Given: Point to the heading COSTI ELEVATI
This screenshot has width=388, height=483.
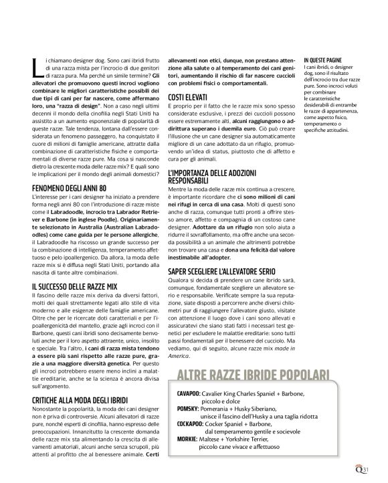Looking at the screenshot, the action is click(x=185, y=98).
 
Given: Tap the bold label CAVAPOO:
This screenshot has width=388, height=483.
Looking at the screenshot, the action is click(x=192, y=394).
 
